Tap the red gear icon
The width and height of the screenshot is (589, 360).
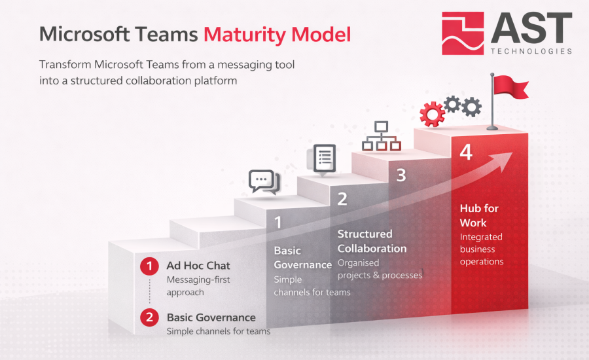tap(432, 114)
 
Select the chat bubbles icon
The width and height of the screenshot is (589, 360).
tap(264, 182)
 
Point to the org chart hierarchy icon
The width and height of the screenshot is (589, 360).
tap(382, 135)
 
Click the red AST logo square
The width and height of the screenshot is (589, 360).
tap(463, 33)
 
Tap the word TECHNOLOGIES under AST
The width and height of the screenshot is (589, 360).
tap(531, 51)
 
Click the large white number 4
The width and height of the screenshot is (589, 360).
tap(466, 152)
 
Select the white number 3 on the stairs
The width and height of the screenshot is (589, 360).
tap(401, 175)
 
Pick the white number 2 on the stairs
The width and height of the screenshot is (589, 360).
tap(342, 199)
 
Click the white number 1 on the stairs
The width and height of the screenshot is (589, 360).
tap(278, 222)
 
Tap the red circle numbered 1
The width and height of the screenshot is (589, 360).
tap(149, 266)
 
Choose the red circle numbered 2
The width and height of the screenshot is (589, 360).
tap(149, 317)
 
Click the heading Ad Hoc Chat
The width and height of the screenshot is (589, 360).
tap(198, 266)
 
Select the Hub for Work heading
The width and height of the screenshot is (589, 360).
tap(479, 215)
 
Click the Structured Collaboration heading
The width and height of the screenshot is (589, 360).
tap(372, 242)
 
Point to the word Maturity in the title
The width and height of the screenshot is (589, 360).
tap(245, 35)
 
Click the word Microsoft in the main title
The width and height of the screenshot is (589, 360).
tap(84, 34)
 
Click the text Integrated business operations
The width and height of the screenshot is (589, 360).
tap(482, 249)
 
